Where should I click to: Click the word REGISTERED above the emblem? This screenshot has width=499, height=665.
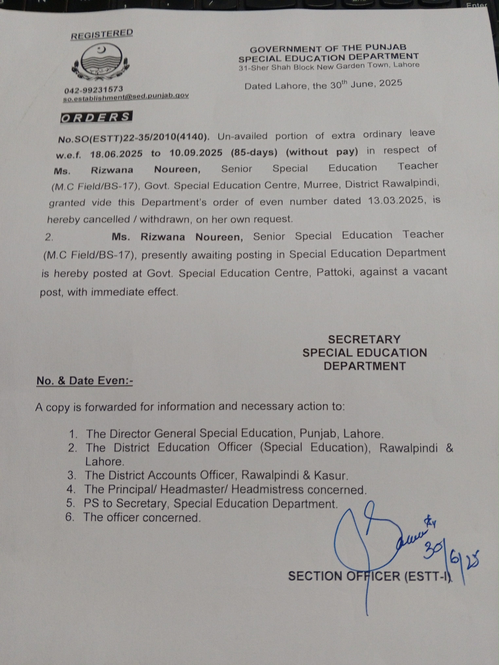(102, 34)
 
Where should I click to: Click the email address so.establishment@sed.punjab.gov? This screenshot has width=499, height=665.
(126, 97)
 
